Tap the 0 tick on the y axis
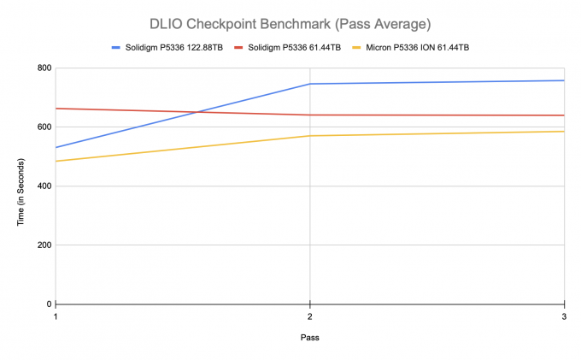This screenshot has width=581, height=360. tap(48, 304)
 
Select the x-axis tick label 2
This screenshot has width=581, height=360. tap(309, 316)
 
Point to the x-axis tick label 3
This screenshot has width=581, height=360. tap(562, 316)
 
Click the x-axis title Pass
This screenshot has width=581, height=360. tap(309, 338)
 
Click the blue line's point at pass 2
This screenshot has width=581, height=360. tap(309, 84)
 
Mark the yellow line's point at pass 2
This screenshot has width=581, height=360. tap(309, 136)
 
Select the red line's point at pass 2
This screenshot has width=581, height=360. tap(309, 115)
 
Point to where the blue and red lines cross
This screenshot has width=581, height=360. tap(200, 112)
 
